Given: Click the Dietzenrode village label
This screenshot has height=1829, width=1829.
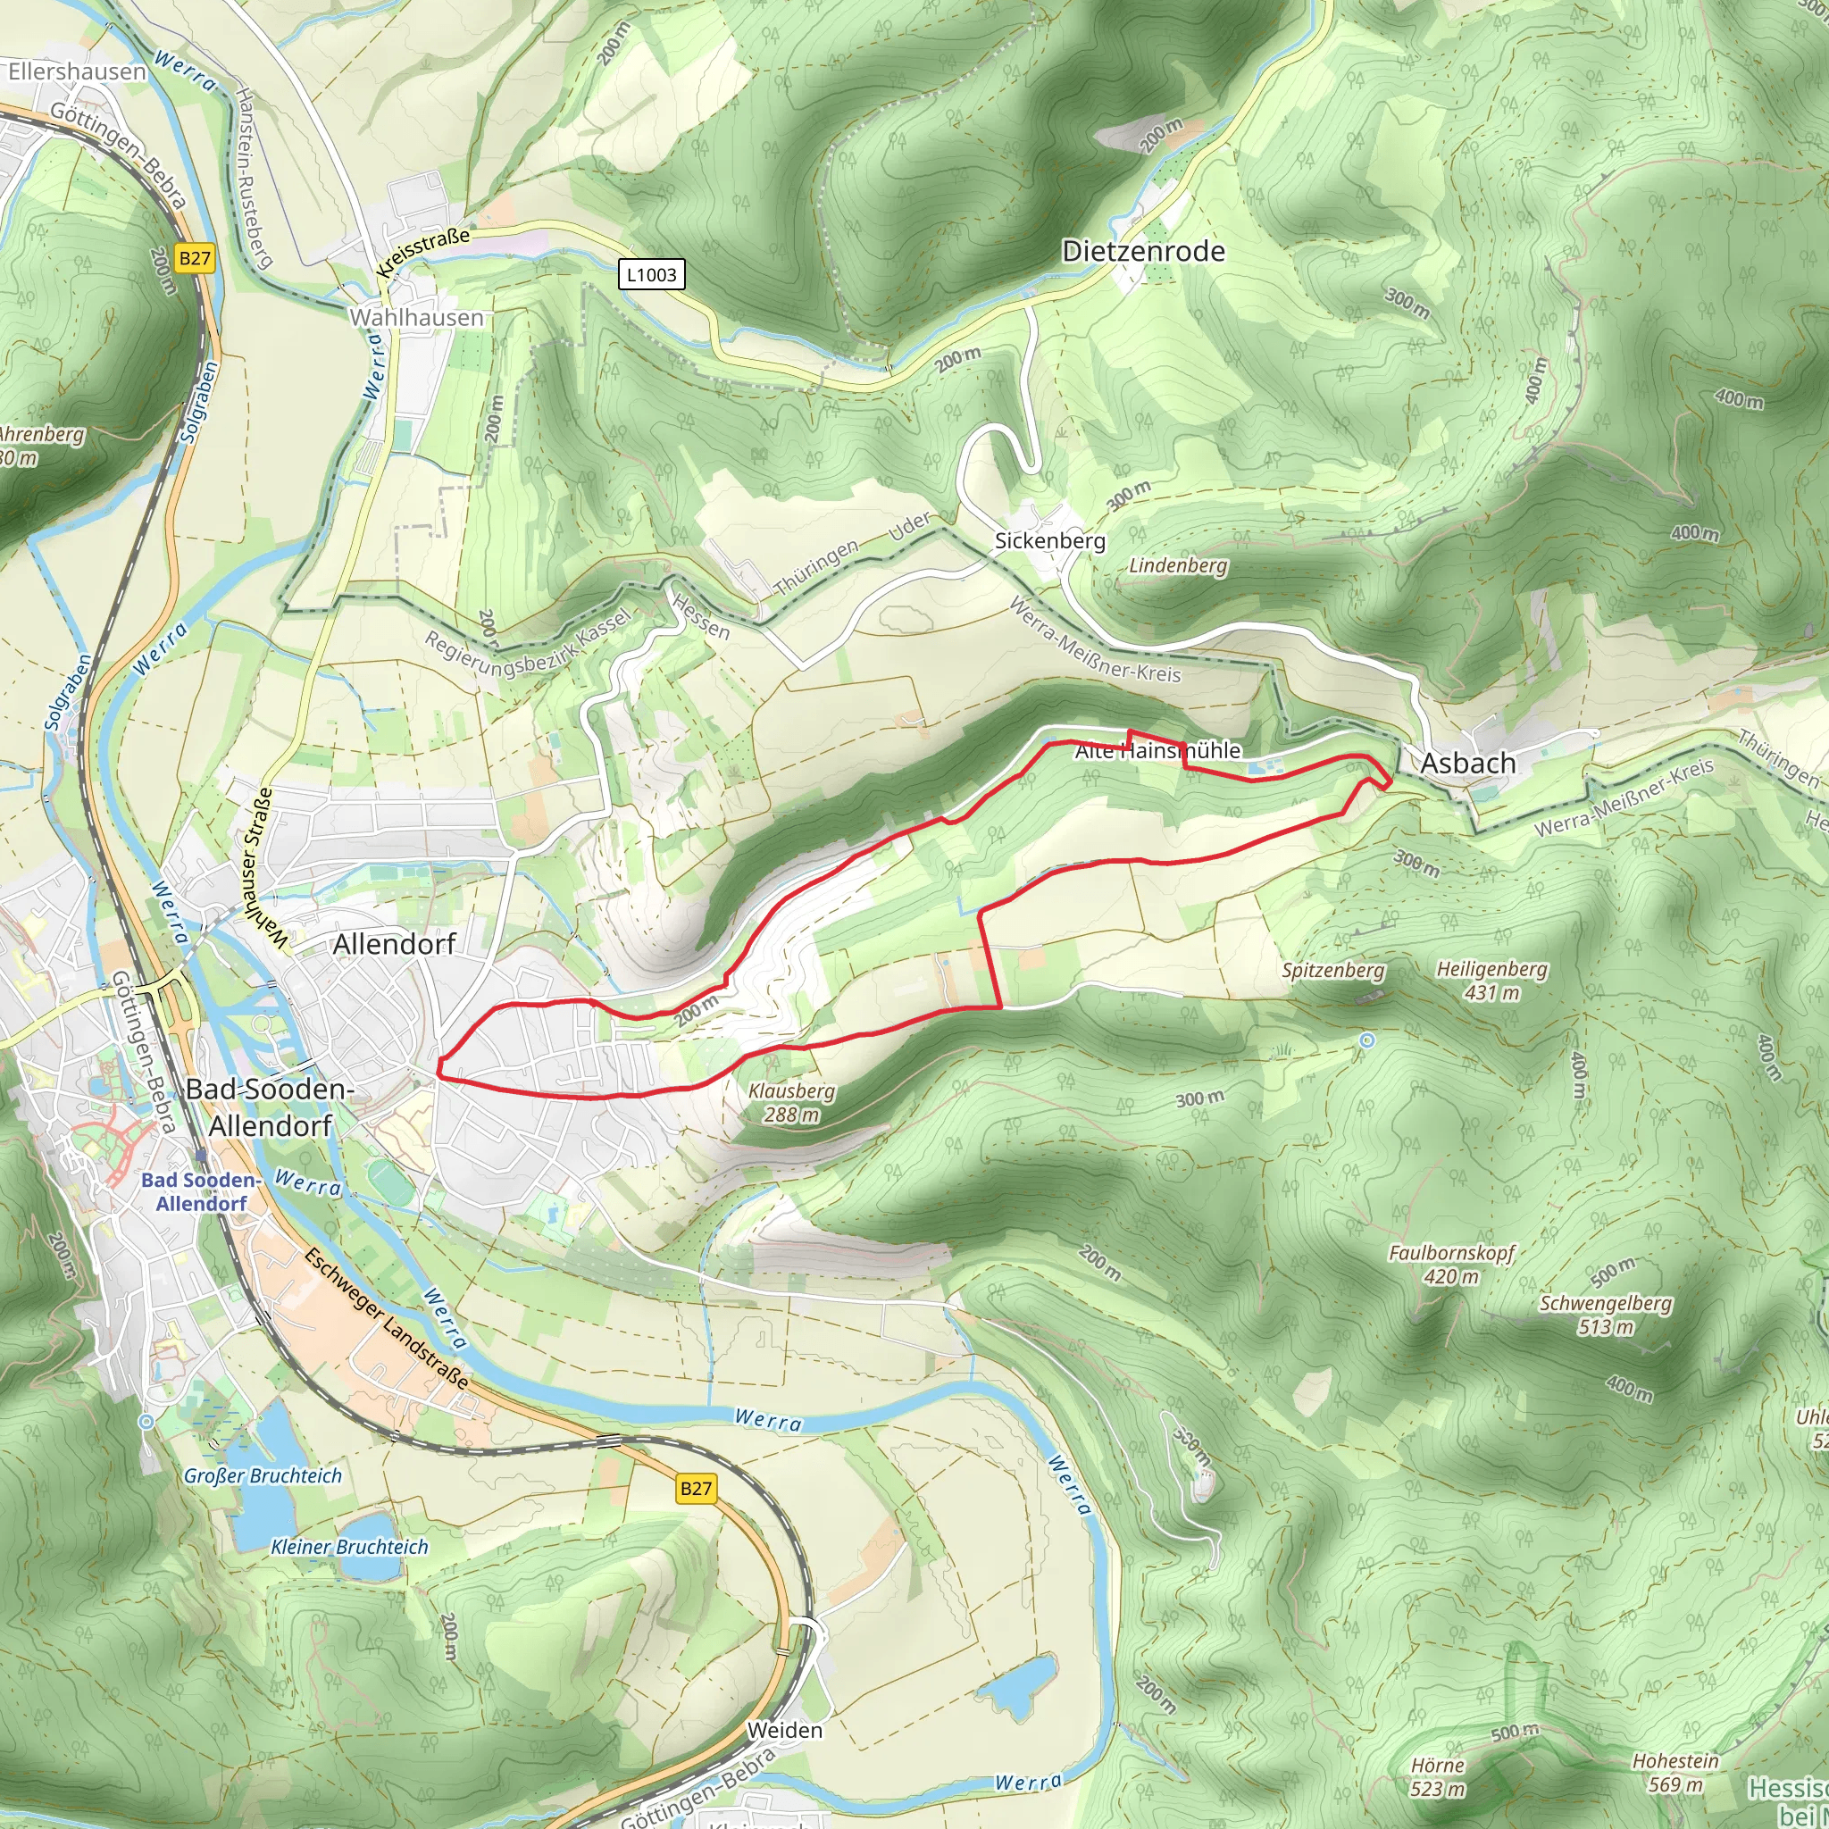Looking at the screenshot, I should [1142, 251].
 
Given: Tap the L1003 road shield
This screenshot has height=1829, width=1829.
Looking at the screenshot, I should [651, 274].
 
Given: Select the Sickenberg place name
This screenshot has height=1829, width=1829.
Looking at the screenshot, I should [1049, 540].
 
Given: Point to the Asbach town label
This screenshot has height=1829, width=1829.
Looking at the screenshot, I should [1467, 763].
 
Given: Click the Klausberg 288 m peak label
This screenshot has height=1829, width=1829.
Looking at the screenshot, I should [791, 1103].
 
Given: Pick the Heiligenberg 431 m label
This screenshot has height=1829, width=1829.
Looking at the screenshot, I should [1492, 980].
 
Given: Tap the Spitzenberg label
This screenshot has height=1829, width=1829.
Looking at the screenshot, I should [1333, 971].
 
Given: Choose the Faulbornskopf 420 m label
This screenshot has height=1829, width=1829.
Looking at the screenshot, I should [1451, 1264].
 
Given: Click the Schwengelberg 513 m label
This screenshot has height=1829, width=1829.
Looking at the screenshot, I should [1606, 1314].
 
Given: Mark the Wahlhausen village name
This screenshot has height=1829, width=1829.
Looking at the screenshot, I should [416, 317].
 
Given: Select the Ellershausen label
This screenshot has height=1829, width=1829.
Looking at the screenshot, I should [77, 71].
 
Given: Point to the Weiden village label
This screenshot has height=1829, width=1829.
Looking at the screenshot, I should [784, 1730].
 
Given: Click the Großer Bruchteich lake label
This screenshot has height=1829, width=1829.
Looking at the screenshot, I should [263, 1475].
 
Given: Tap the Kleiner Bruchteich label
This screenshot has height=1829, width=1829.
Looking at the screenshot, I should [349, 1546].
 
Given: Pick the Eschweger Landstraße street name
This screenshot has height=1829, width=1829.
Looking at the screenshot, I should [386, 1318].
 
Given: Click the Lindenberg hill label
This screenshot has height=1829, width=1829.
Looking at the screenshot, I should [1178, 565].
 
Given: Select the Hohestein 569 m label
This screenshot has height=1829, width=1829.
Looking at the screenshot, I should [1674, 1772].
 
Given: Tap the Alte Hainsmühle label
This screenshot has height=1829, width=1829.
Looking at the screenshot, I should [1157, 751].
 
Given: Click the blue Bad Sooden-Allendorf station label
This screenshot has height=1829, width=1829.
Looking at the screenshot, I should [201, 1191].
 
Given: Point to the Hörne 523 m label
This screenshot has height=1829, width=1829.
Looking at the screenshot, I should [1437, 1777].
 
